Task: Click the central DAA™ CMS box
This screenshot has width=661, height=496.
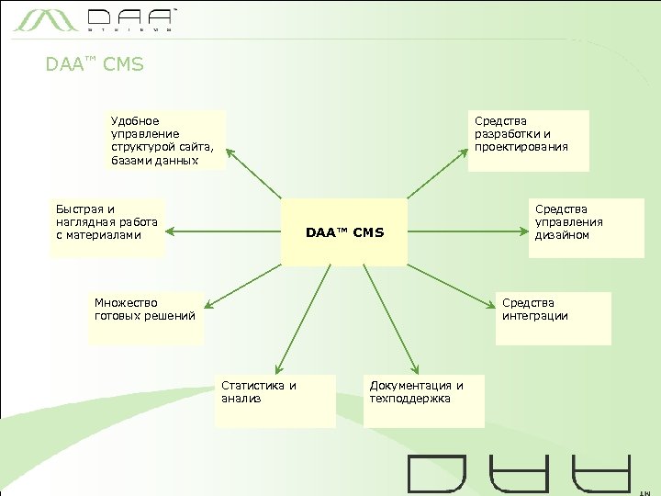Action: tap(344, 232)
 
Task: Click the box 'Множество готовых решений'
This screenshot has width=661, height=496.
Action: tap(146, 317)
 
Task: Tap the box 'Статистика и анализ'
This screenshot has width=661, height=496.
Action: tap(274, 400)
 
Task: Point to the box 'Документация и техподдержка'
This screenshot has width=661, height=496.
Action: tap(424, 400)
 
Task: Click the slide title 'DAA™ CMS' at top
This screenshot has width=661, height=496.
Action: tap(95, 65)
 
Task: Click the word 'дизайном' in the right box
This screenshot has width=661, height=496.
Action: tap(562, 235)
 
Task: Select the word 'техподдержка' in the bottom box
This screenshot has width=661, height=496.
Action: tap(410, 399)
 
